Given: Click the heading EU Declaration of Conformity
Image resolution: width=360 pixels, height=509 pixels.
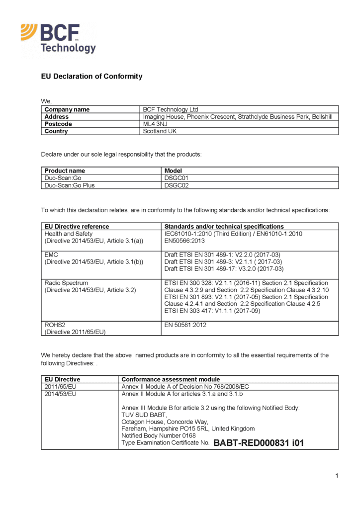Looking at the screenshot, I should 91,77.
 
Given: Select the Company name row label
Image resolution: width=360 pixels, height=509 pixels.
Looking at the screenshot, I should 67,109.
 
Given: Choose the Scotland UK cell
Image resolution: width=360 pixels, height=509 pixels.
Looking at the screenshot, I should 160,131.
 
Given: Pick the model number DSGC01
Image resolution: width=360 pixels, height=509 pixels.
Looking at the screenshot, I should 177,178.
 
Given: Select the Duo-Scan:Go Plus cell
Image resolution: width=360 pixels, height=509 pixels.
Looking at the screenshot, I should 70,185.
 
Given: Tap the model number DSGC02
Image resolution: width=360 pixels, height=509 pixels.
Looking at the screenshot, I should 177,185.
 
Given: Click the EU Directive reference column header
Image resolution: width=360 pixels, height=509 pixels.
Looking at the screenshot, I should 77,226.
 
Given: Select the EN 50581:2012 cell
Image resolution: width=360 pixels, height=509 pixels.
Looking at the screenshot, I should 185,325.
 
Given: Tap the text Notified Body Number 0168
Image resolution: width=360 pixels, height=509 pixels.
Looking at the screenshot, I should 155,435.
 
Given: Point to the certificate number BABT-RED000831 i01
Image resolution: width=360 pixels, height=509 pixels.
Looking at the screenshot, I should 259,443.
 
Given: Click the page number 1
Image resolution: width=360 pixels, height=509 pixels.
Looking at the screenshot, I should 337,476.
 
